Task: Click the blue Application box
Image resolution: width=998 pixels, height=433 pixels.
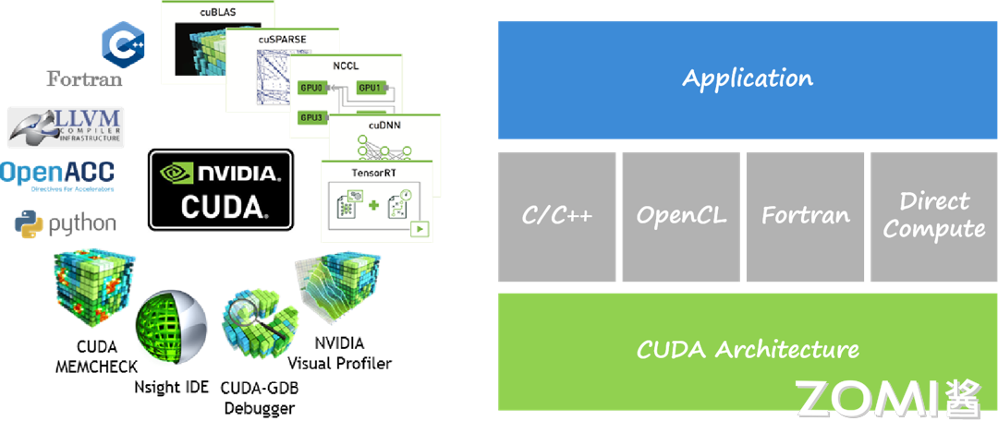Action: (748, 79)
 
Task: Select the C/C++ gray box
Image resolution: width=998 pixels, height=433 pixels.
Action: (556, 216)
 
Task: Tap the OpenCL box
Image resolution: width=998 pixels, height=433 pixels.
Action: (681, 216)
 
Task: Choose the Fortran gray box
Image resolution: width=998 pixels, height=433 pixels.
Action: (805, 216)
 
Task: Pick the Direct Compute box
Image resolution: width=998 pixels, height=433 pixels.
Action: (933, 216)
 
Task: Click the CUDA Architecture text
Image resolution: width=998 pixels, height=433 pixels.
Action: (748, 350)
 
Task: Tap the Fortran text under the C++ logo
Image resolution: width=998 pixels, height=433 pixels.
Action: (85, 79)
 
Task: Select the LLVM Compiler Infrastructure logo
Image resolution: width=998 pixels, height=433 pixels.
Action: (66, 127)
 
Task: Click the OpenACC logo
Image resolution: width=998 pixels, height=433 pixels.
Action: (58, 174)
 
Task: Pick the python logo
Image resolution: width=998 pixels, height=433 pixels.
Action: (66, 223)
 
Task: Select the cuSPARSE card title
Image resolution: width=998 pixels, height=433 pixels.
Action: (282, 39)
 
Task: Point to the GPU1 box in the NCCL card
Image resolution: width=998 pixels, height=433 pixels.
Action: (370, 88)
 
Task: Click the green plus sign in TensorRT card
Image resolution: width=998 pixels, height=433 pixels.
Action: (374, 204)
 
